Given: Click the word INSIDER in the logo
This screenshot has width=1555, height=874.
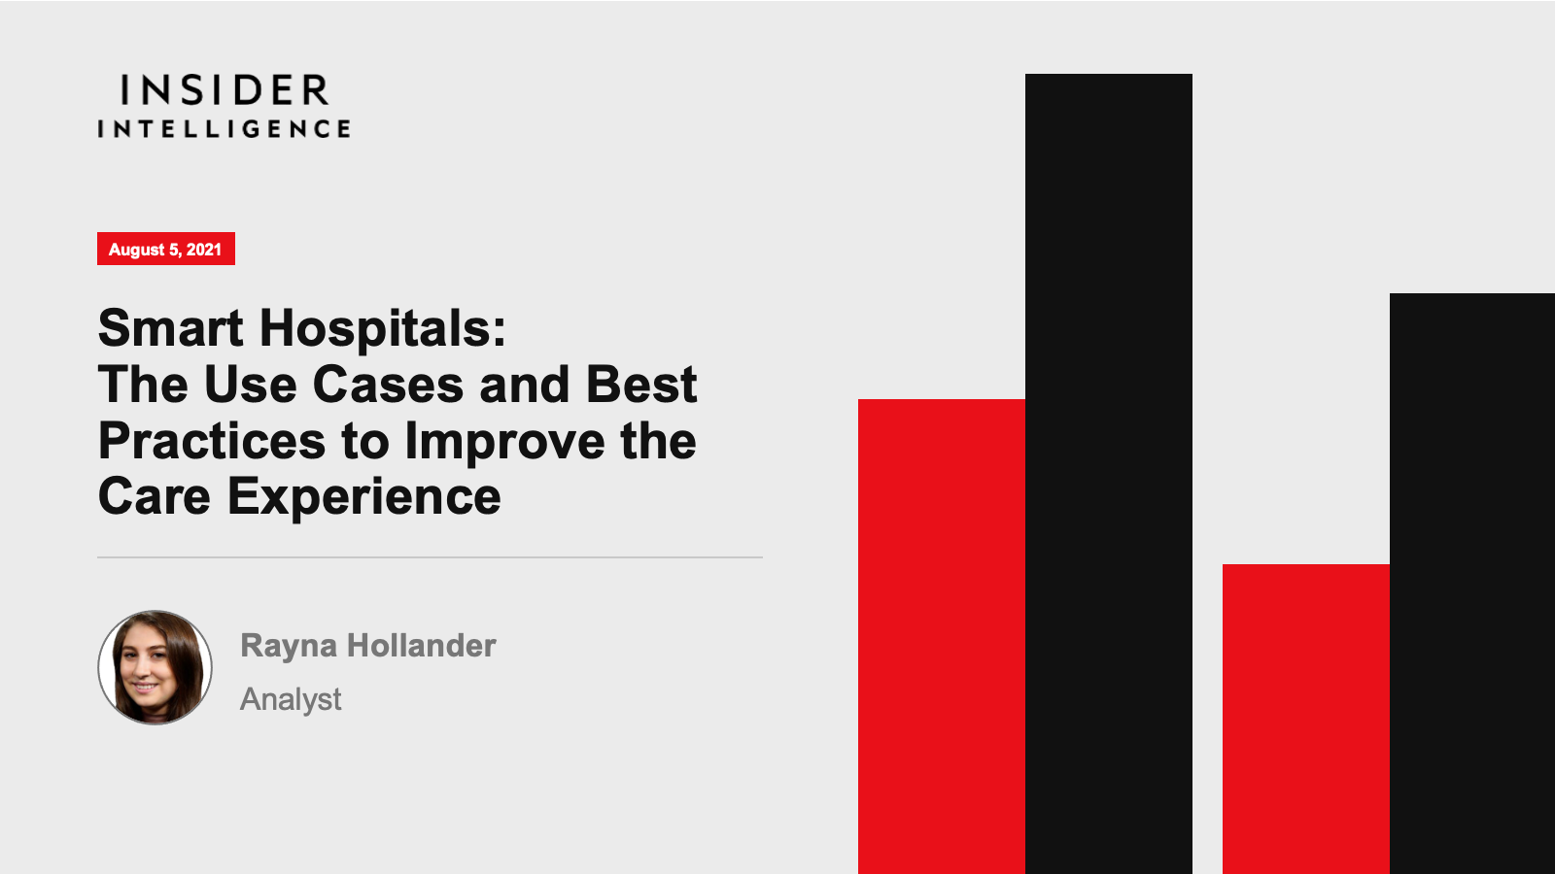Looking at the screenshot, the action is tap(225, 90).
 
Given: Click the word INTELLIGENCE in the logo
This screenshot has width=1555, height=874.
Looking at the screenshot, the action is tap(224, 128).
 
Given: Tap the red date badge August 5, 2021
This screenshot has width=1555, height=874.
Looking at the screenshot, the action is tap(166, 249).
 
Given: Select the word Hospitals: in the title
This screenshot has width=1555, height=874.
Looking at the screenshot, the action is tap(383, 330).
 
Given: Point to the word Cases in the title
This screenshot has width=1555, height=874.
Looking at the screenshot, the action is tap(388, 385).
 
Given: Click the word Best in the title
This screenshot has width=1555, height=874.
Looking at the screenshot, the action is tap(641, 385).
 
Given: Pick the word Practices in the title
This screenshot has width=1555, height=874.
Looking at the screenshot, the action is tap(212, 441).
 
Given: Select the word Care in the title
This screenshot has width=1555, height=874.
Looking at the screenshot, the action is tap(155, 496).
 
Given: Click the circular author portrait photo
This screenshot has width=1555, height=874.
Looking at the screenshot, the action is tap(155, 667).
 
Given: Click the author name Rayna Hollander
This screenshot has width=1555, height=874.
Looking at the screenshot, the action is tap(368, 647).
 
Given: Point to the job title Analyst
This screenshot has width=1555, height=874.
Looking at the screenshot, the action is tap(291, 699).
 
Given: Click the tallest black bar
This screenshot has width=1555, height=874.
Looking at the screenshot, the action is tap(1109, 474).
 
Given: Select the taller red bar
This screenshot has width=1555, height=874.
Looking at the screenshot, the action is tap(942, 637).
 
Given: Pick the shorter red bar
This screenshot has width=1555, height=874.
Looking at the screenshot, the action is tap(1306, 720).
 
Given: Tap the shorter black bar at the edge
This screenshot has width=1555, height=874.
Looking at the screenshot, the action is tap(1472, 584).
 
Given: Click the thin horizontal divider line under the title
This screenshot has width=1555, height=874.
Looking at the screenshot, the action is tap(430, 557).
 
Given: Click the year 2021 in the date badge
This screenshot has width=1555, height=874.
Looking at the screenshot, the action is tap(203, 249).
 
